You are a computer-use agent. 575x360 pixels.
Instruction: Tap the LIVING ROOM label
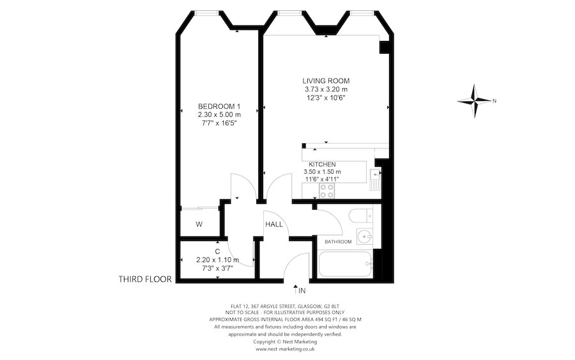[x=326, y=81]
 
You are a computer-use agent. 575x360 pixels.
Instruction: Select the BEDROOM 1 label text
[x=219, y=106]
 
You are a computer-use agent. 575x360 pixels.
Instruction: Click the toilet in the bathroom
[x=362, y=215]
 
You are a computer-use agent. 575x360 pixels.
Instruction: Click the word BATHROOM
[x=338, y=242]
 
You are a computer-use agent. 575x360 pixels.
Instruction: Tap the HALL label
[x=275, y=223]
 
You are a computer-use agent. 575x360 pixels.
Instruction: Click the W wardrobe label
[x=199, y=224]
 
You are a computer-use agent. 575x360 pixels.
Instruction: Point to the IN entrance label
[x=302, y=291]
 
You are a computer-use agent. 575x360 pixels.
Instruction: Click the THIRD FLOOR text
[x=145, y=279]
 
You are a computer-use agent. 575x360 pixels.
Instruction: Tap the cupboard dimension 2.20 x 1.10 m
[x=217, y=260]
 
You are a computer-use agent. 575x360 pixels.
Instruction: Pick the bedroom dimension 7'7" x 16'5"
[x=219, y=123]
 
